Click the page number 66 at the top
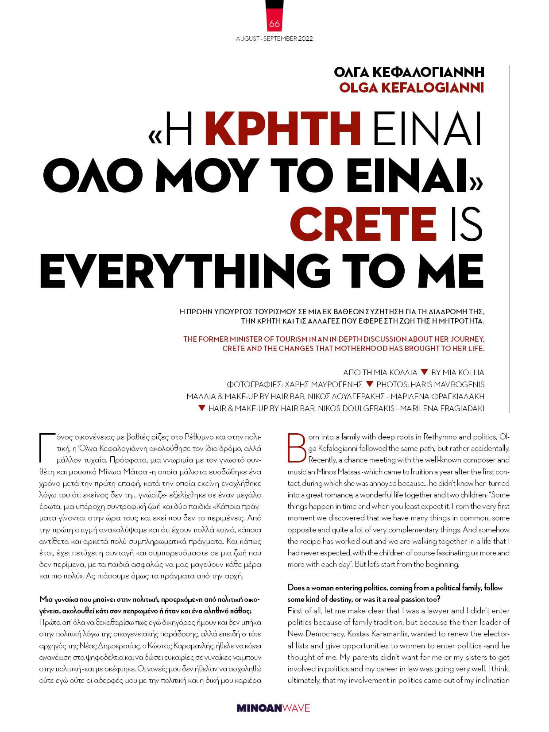(x=274, y=24)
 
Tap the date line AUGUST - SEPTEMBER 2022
(x=274, y=39)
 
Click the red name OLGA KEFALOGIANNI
(x=411, y=87)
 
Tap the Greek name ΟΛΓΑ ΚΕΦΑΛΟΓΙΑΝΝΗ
(x=409, y=72)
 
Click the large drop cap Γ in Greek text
(x=46, y=447)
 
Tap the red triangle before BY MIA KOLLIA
(x=424, y=372)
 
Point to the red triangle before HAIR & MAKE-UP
(x=201, y=408)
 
